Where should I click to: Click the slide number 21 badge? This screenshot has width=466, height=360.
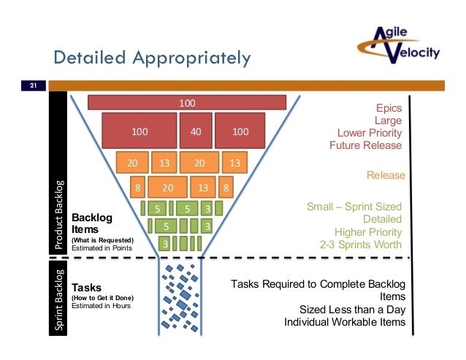33,86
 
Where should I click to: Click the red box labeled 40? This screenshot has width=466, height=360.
196,132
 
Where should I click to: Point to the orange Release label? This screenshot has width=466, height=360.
385,175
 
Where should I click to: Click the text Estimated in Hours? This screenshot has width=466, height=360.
101,306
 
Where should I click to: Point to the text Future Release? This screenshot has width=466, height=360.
365,145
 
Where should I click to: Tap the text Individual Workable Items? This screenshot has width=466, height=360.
345,322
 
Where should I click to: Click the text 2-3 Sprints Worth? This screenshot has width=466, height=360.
361,244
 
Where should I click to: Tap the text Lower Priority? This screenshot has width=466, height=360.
369,132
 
